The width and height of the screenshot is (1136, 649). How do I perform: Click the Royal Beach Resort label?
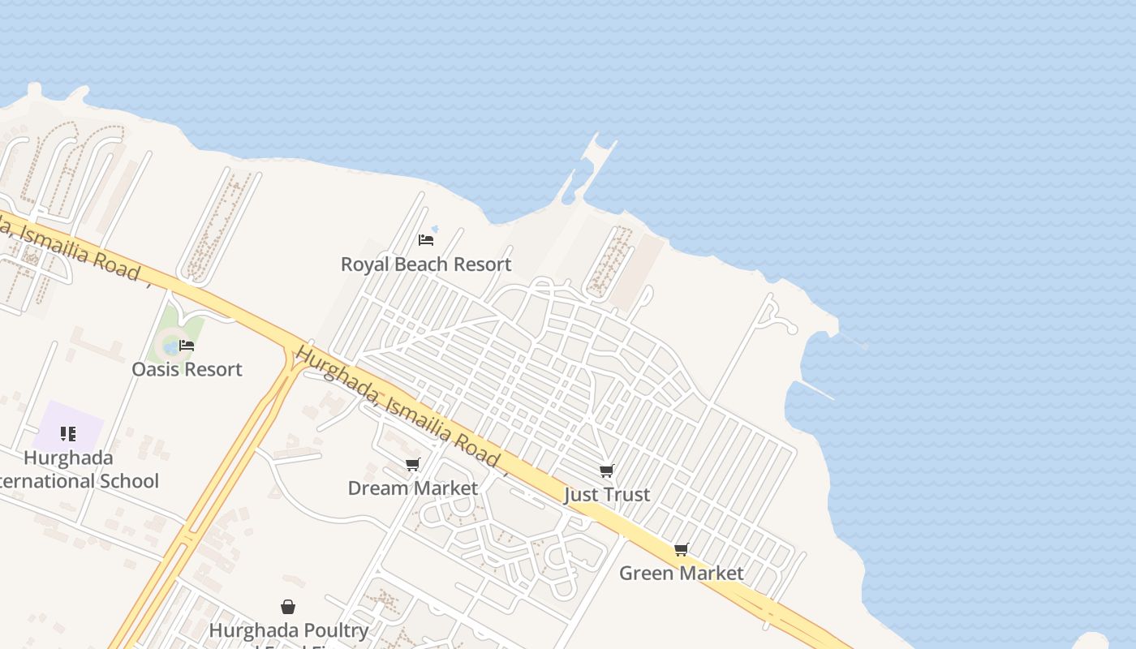[x=426, y=264]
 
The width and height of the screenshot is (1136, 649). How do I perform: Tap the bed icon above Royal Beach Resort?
[x=425, y=240]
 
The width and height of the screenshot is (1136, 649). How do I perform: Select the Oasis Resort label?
[x=187, y=369]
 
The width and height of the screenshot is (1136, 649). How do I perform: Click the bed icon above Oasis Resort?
[x=187, y=346]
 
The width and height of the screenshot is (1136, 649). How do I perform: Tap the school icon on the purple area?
[x=68, y=434]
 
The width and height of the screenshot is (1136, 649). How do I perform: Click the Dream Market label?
[x=412, y=488]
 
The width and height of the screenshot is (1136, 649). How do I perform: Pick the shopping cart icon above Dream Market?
[x=412, y=465]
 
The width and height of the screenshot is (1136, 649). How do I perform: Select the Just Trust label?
[x=607, y=495]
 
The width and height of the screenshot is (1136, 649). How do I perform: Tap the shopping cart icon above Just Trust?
[x=606, y=471]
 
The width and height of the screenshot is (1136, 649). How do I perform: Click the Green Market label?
[x=681, y=574]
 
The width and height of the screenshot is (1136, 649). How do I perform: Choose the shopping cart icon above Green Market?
[x=681, y=550]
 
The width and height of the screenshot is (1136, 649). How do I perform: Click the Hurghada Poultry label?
[x=288, y=630]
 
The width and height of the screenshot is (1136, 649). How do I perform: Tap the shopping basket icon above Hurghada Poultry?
[x=287, y=607]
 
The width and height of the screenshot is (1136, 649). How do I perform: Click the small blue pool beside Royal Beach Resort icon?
[x=435, y=230]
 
